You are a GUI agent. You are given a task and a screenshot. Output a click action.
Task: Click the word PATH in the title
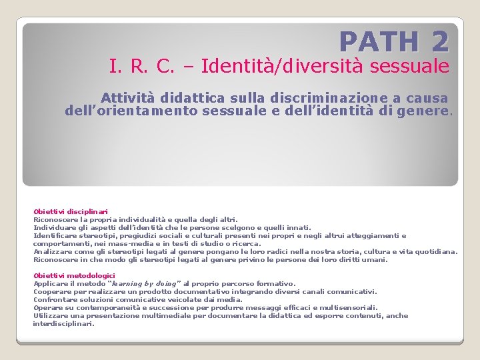pyautogui.click(x=379, y=42)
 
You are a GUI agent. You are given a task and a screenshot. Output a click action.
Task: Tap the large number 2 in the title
pyautogui.click(x=440, y=42)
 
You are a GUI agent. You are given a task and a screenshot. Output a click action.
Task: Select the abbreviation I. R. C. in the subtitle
pyautogui.click(x=139, y=66)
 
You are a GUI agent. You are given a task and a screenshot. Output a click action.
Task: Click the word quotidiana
pyautogui.click(x=434, y=251)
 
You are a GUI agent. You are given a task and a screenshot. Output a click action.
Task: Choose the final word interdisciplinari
pyautogui.click(x=63, y=323)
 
